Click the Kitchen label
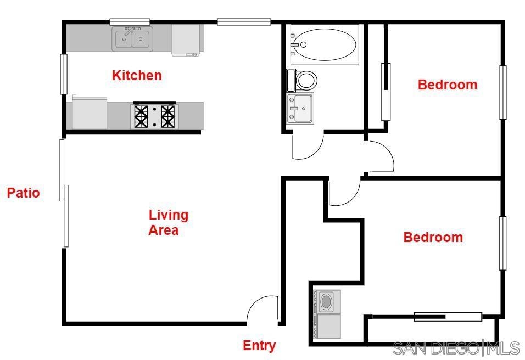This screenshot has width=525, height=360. pyautogui.click(x=137, y=75)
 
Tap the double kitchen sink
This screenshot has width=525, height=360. pyautogui.click(x=132, y=39)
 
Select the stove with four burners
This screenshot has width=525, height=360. pyautogui.click(x=154, y=116)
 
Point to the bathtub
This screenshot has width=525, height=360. pyautogui.click(x=325, y=44)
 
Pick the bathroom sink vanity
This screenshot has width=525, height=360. pyautogui.click(x=300, y=108)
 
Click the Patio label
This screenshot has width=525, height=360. pyautogui.click(x=24, y=193)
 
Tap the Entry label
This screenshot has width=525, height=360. pyautogui.click(x=259, y=345)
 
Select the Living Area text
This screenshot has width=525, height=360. pyautogui.click(x=169, y=222)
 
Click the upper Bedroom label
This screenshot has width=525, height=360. pyautogui.click(x=448, y=85)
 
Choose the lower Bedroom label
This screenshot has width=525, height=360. pyautogui.click(x=433, y=237)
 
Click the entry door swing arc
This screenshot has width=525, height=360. pyautogui.click(x=257, y=300)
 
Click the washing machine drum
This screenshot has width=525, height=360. pyautogui.click(x=326, y=301)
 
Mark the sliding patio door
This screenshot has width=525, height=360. pyautogui.click(x=64, y=193)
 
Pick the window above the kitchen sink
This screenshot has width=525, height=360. pyautogui.click(x=130, y=22)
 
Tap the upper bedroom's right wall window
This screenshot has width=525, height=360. pyautogui.click(x=502, y=92)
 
